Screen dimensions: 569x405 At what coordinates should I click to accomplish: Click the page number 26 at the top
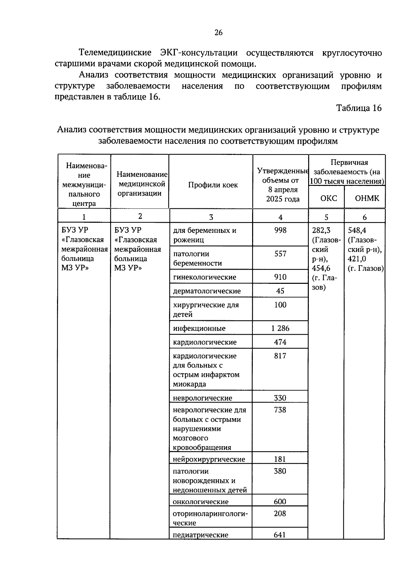tap(218, 32)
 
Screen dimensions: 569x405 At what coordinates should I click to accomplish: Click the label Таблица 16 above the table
tap(359, 108)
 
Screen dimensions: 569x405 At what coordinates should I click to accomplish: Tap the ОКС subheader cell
tap(328, 198)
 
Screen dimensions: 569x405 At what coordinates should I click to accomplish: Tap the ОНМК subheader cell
tap(367, 198)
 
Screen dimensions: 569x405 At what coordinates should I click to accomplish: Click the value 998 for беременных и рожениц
tap(280, 230)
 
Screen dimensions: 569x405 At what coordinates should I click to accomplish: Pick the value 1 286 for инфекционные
tap(280, 328)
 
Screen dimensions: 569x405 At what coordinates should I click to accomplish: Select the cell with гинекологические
tap(205, 277)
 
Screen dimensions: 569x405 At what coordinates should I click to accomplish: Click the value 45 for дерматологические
tap(280, 291)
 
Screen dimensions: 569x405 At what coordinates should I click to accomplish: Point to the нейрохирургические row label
tap(209, 459)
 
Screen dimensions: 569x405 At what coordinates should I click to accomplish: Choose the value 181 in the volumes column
tap(280, 459)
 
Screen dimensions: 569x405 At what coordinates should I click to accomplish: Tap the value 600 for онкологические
tap(280, 502)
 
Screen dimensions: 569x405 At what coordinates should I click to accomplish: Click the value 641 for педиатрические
tap(280, 535)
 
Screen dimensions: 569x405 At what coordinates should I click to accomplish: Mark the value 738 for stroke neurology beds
tap(280, 410)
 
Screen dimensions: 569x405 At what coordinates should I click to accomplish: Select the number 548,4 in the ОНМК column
tap(357, 230)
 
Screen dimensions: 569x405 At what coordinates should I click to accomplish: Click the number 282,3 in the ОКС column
tap(321, 230)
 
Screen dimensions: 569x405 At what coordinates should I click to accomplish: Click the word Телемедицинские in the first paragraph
tap(115, 53)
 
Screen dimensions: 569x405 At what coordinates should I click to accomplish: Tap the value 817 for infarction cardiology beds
tap(280, 356)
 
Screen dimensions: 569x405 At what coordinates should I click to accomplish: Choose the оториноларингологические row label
tap(210, 518)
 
